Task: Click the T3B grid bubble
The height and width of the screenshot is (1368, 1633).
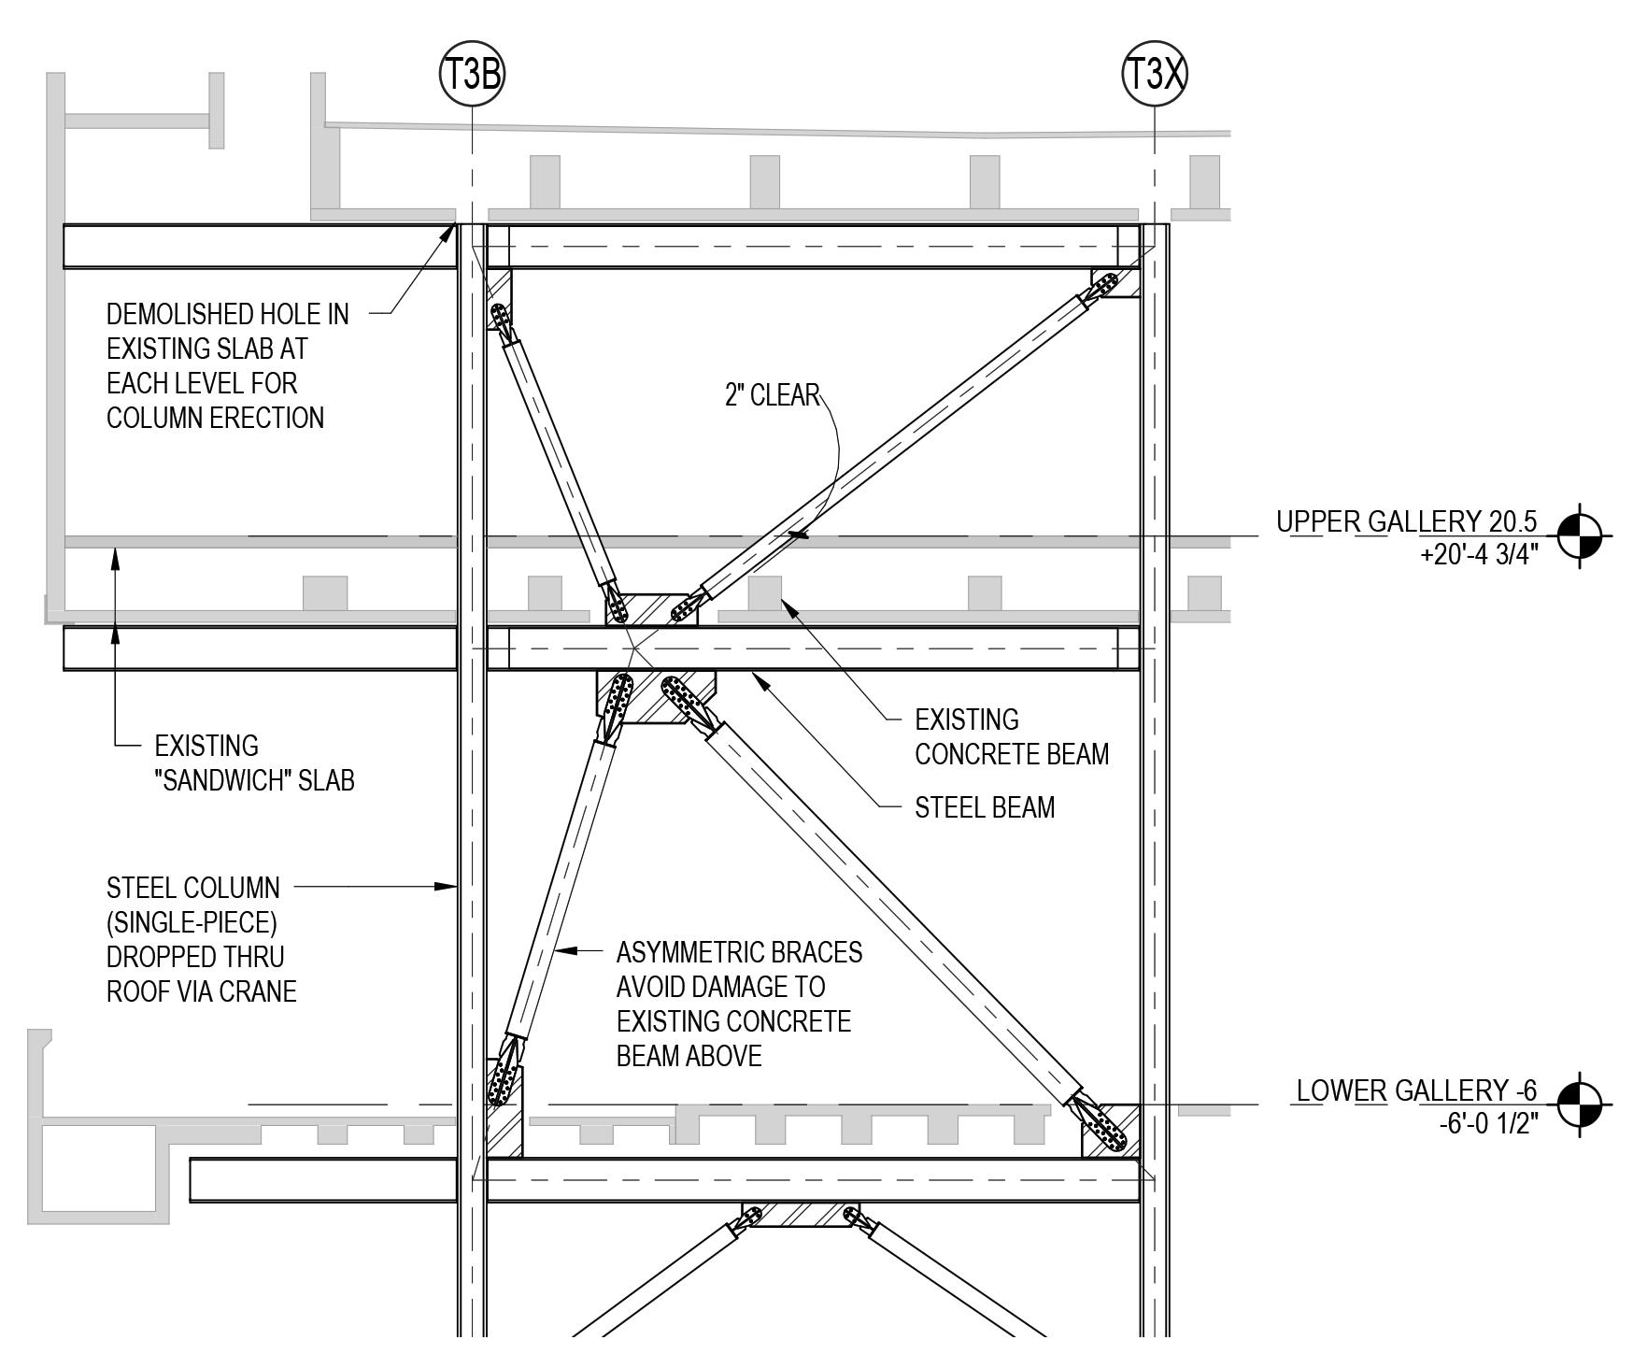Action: click(472, 73)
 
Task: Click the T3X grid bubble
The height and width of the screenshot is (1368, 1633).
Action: click(1155, 73)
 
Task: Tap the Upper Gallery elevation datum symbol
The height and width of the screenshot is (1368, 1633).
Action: click(1580, 536)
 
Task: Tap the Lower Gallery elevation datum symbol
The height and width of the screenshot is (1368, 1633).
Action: click(1580, 1104)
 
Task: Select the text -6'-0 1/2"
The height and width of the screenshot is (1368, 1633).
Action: click(1488, 1122)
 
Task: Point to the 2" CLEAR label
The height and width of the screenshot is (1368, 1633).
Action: click(772, 395)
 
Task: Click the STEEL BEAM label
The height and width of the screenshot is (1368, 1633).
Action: click(985, 807)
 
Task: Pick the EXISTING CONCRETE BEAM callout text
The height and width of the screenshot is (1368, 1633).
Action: click(1012, 736)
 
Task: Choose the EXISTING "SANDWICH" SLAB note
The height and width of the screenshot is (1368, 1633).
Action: click(254, 762)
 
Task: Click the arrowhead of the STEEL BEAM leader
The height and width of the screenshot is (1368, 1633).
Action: click(760, 678)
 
